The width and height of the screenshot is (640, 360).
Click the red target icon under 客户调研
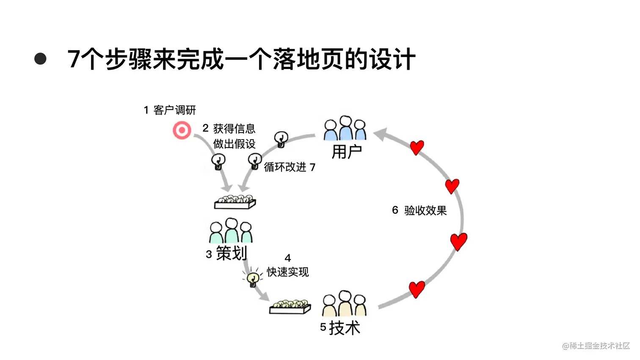tap(182, 130)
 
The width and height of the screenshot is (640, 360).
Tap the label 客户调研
tap(174, 110)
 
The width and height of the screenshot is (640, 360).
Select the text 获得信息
tap(234, 129)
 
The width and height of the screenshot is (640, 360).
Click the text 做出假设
tap(234, 144)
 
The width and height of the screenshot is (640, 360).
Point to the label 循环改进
tap(285, 167)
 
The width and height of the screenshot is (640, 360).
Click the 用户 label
tap(346, 152)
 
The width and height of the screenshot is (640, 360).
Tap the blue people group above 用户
tap(345, 128)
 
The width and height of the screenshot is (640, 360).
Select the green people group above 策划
tap(231, 231)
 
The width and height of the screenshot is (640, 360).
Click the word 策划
tap(231, 253)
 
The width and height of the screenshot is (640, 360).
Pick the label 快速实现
tap(288, 272)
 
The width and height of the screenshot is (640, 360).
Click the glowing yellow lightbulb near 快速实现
tap(253, 278)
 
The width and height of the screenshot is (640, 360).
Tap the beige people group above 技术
tap(344, 304)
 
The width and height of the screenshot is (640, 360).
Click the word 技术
tap(345, 328)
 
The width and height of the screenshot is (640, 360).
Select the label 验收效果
tap(425, 211)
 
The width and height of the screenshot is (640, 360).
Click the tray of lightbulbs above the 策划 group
tap(235, 202)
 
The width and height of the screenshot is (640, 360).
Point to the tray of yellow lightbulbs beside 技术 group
tap(290, 307)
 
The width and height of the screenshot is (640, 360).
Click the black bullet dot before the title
tap(40, 59)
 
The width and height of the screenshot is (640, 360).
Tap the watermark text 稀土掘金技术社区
tap(599, 346)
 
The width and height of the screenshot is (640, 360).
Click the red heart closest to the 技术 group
tap(417, 289)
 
